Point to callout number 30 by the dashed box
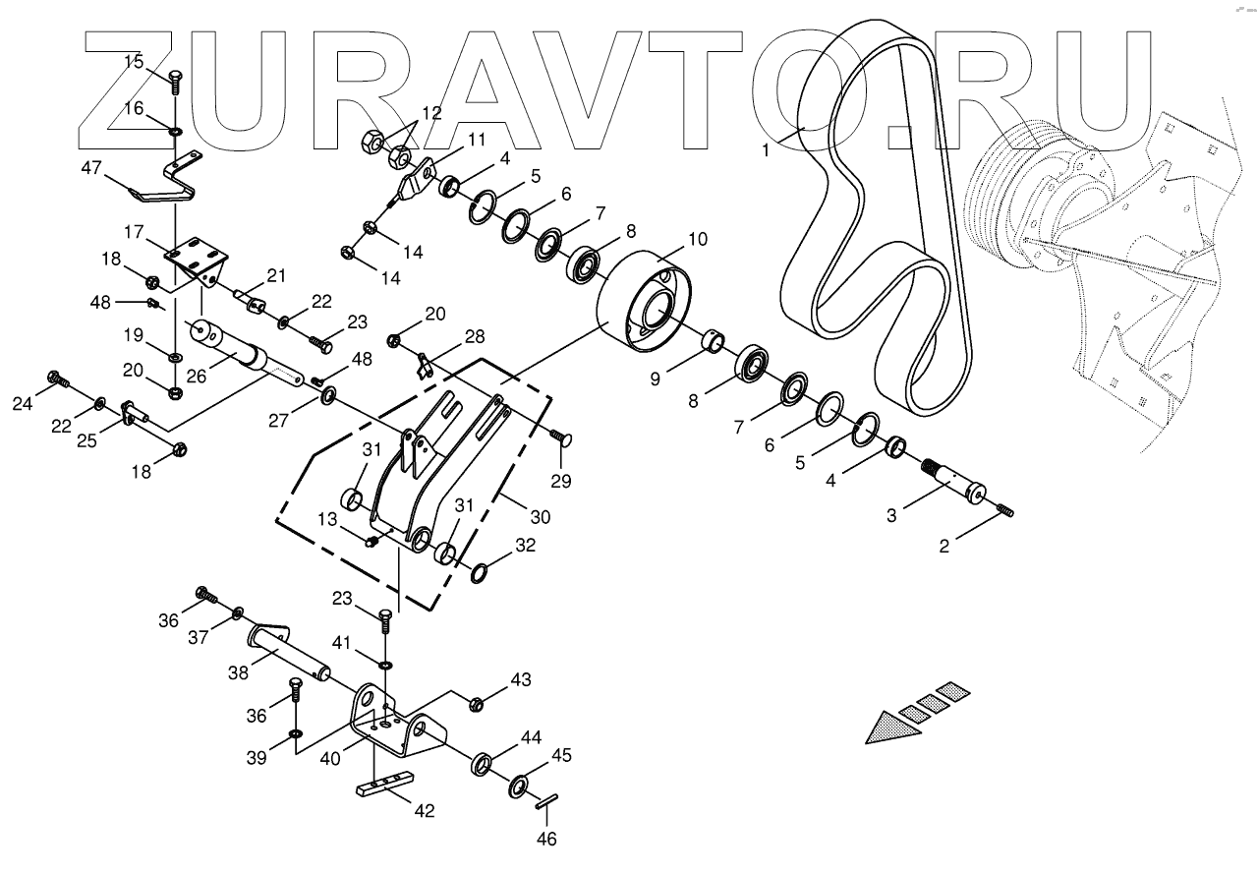pos(540,517)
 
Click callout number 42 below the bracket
pos(426,812)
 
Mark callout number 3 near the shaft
pos(891,514)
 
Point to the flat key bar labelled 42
pos(382,786)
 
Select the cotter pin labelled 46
pos(548,803)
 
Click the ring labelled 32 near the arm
pos(481,571)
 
